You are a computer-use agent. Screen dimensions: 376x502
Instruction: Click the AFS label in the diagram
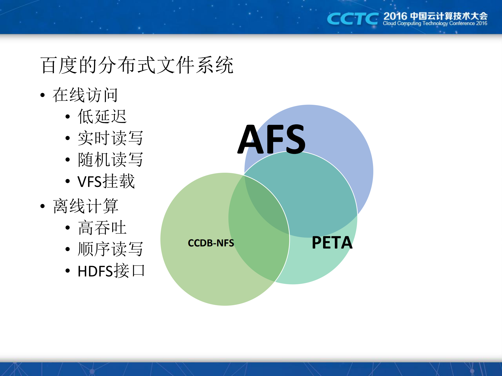[x=272, y=139]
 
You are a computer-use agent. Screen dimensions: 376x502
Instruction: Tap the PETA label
[x=332, y=242]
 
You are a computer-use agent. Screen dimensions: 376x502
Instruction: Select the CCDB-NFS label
[x=211, y=243]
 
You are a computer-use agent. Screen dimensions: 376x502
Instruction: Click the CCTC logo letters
[x=352, y=19]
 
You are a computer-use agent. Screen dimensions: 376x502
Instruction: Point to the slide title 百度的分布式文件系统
[x=137, y=65]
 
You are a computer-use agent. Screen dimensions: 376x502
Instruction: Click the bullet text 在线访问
[x=85, y=95]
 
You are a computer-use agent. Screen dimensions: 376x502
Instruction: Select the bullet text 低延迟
[x=102, y=117]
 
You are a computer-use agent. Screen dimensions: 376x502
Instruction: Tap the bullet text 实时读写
[x=110, y=138]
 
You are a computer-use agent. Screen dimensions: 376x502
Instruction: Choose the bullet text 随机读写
[x=110, y=160]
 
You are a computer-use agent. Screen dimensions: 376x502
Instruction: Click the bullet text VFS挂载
[x=106, y=181]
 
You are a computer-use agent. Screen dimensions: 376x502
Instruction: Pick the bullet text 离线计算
[x=85, y=206]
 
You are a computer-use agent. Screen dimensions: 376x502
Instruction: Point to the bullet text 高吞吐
[x=102, y=228]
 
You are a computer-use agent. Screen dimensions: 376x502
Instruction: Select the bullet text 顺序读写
[x=110, y=249]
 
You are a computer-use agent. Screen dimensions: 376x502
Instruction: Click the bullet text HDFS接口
[x=111, y=271]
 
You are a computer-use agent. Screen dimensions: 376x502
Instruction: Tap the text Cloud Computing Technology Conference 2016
[x=435, y=24]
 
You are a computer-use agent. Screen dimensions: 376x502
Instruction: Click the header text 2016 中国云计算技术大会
[x=435, y=16]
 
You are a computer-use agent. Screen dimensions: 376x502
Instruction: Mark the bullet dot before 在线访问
[x=43, y=95]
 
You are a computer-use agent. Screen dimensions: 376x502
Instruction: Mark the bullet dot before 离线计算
[x=43, y=206]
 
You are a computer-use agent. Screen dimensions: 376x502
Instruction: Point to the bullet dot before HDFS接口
[x=68, y=271]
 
